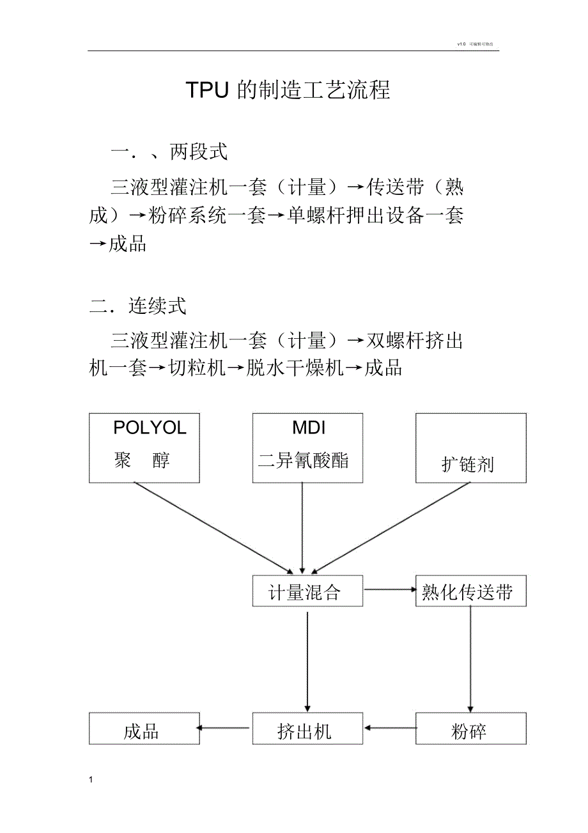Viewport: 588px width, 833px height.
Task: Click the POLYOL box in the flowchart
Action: click(144, 447)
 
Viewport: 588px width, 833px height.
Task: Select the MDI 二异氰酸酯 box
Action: click(307, 447)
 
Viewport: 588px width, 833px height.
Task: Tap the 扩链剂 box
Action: click(471, 448)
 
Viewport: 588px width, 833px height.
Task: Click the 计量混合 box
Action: click(307, 591)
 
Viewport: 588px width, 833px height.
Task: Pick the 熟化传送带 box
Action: click(471, 591)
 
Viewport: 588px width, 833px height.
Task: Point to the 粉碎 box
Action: click(471, 728)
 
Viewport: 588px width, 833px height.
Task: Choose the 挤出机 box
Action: click(307, 728)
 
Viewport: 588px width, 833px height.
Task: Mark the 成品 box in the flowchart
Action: click(144, 728)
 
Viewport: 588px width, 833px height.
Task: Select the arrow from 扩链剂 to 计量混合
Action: click(393, 527)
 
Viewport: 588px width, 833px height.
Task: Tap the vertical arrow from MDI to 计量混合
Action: click(302, 527)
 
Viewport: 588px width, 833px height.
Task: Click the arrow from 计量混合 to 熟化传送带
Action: click(389, 589)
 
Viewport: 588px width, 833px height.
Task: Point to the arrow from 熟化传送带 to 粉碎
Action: click(471, 658)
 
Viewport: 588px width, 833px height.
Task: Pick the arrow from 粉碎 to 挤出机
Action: click(389, 728)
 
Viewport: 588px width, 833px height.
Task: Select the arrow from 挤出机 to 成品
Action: click(224, 728)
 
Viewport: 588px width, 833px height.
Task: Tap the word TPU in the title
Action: click(207, 90)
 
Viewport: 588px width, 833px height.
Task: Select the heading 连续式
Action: click(157, 306)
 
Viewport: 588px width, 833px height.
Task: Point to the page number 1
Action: click(91, 779)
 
